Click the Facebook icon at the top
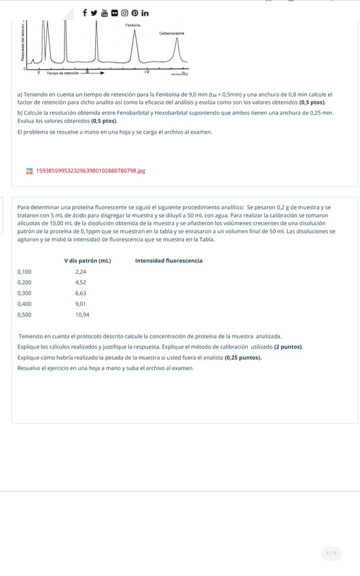(x=85, y=12)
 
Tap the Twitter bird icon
(x=94, y=12)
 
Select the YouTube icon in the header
(x=105, y=12)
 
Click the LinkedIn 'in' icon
(x=145, y=12)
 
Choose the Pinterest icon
(x=134, y=12)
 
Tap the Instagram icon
(x=124, y=12)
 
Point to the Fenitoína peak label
(x=133, y=25)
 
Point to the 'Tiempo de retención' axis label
(x=62, y=72)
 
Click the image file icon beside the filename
(x=29, y=171)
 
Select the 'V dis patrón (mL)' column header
(x=88, y=260)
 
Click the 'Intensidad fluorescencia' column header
(x=168, y=260)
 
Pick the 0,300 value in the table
(x=24, y=293)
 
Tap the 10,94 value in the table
(x=82, y=314)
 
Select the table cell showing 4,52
(x=80, y=282)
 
